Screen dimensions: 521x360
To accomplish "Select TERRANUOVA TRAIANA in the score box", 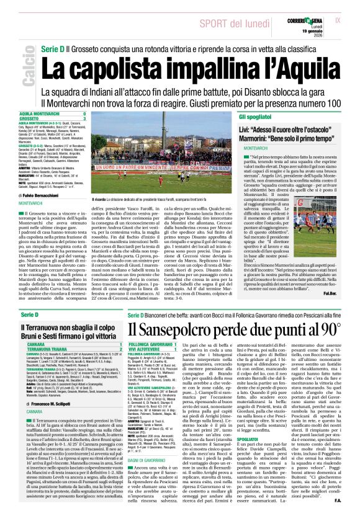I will pyautogui.click(x=42, y=350).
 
